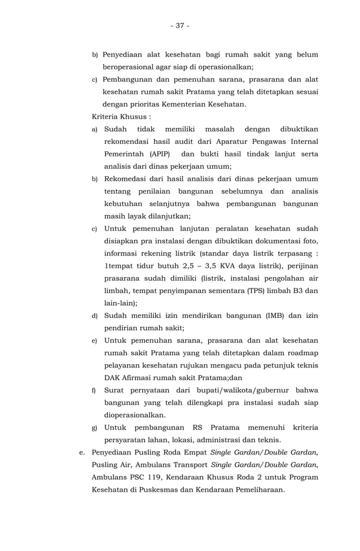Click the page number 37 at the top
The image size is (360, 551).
point(180,26)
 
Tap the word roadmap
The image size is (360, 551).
point(300,353)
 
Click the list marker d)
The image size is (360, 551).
point(95,316)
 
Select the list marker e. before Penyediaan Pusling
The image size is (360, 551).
point(82,453)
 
